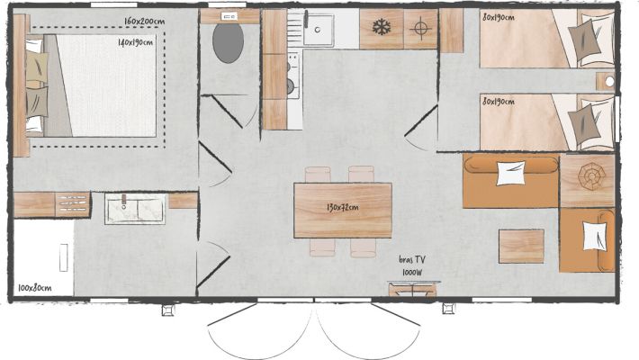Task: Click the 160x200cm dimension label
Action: (x=145, y=22)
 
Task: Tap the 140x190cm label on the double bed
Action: (x=136, y=42)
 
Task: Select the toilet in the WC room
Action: (x=229, y=43)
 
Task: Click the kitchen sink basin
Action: (x=319, y=30)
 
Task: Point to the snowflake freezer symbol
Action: (x=382, y=27)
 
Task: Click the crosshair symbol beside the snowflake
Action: (x=420, y=28)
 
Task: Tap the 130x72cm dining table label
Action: (x=343, y=208)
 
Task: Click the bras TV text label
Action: (x=412, y=260)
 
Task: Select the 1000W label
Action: (x=412, y=273)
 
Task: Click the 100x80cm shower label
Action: (x=34, y=288)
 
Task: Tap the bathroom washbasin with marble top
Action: (x=135, y=209)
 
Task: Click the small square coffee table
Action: (x=522, y=247)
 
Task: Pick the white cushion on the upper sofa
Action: (x=510, y=174)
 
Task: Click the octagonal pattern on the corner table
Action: (x=591, y=176)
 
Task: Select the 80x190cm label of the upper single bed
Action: (x=499, y=17)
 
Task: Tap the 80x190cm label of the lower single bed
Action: (x=499, y=101)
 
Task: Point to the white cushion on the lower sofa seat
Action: (x=595, y=237)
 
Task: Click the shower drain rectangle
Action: (x=64, y=257)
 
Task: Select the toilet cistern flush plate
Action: (x=229, y=17)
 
